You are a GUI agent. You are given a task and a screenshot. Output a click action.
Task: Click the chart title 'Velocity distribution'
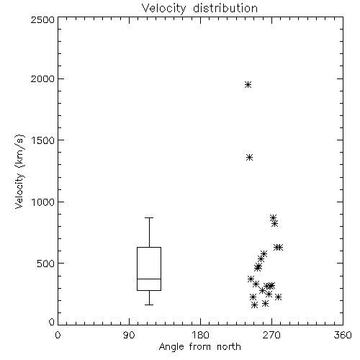coord(199,9)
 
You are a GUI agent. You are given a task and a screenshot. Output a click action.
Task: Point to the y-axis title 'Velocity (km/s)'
coord(20,171)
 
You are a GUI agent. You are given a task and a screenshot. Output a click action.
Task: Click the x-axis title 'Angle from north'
coord(199,347)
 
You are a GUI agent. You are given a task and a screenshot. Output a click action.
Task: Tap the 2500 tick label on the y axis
coord(42,19)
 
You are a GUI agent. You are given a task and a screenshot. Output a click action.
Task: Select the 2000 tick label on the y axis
coord(42,78)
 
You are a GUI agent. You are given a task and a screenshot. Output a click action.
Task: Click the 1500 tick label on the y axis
coord(43,140)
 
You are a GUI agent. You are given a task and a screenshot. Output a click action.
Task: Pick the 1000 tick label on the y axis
coord(43,202)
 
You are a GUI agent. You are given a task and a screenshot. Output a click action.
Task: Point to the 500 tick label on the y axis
coord(46,264)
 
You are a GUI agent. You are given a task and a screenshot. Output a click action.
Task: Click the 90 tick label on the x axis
coord(129,335)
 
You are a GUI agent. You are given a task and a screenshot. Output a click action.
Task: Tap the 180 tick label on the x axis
coord(200,335)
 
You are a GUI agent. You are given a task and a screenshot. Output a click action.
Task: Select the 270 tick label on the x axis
coord(271,335)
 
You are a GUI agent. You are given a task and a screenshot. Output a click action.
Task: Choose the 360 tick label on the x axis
coord(343,335)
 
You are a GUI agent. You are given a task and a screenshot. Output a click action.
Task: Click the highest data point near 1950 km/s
coord(248,85)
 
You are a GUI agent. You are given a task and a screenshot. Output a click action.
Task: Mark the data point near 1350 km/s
coord(250,158)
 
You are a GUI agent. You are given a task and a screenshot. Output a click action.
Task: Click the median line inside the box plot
coord(149,279)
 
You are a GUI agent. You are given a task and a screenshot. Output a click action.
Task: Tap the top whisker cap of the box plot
coord(149,217)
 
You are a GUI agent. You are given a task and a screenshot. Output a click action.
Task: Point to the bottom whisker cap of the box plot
coord(149,305)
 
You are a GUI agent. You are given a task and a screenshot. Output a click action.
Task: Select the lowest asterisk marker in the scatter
coord(255,305)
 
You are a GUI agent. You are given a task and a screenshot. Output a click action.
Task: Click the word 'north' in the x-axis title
coord(229,347)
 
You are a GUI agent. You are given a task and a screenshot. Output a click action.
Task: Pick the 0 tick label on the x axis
coord(58,335)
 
